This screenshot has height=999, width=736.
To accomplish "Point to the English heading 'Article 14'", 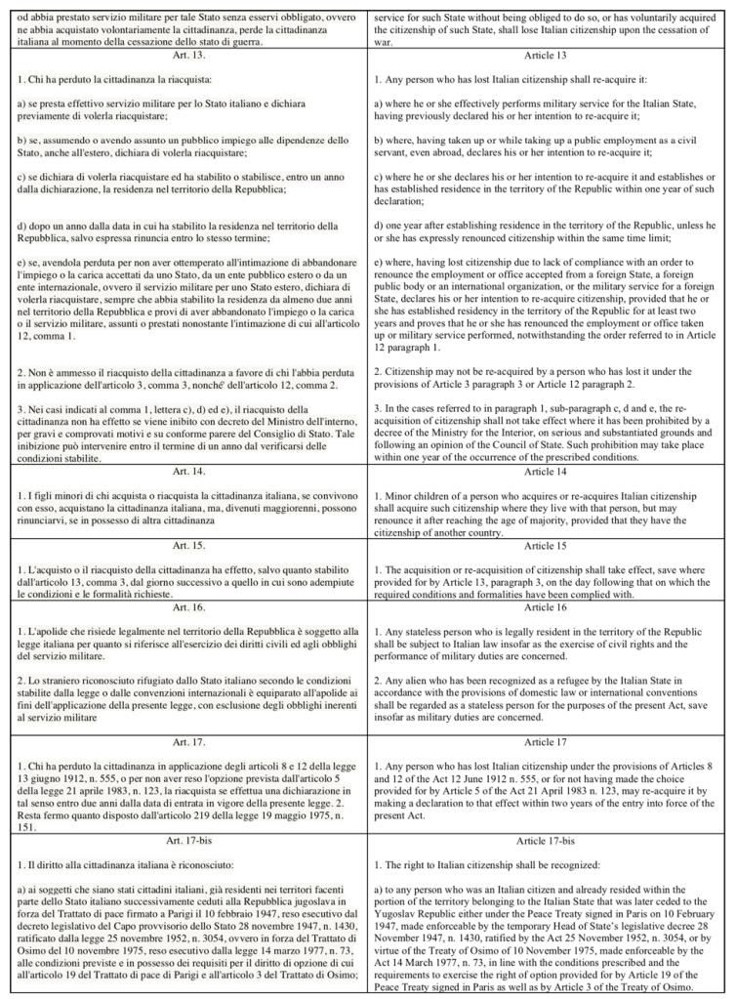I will coord(549,471).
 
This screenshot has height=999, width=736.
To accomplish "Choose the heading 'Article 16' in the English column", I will coord(549,606).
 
